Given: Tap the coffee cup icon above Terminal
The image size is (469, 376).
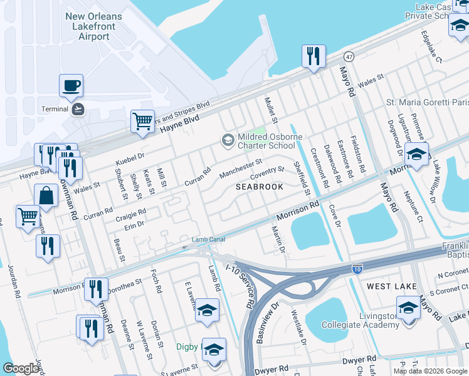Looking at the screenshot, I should pyautogui.click(x=71, y=85).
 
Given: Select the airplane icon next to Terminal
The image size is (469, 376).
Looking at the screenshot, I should pyautogui.click(x=78, y=109).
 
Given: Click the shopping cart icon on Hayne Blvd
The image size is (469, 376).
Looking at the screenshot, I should pyautogui.click(x=142, y=120).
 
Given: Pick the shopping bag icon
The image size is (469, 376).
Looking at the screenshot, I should pyautogui.click(x=46, y=196).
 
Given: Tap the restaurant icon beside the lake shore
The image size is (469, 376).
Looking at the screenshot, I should pyautogui.click(x=312, y=56).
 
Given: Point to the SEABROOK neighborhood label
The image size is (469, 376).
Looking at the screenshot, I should pyautogui.click(x=259, y=187).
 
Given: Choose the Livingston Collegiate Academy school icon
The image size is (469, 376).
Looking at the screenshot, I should pyautogui.click(x=408, y=308).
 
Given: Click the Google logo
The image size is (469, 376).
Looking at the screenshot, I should pyautogui.click(x=21, y=368).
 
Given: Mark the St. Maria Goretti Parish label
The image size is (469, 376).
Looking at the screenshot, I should pyautogui.click(x=426, y=102).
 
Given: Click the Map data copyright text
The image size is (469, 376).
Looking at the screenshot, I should pyautogui.click(x=429, y=371).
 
